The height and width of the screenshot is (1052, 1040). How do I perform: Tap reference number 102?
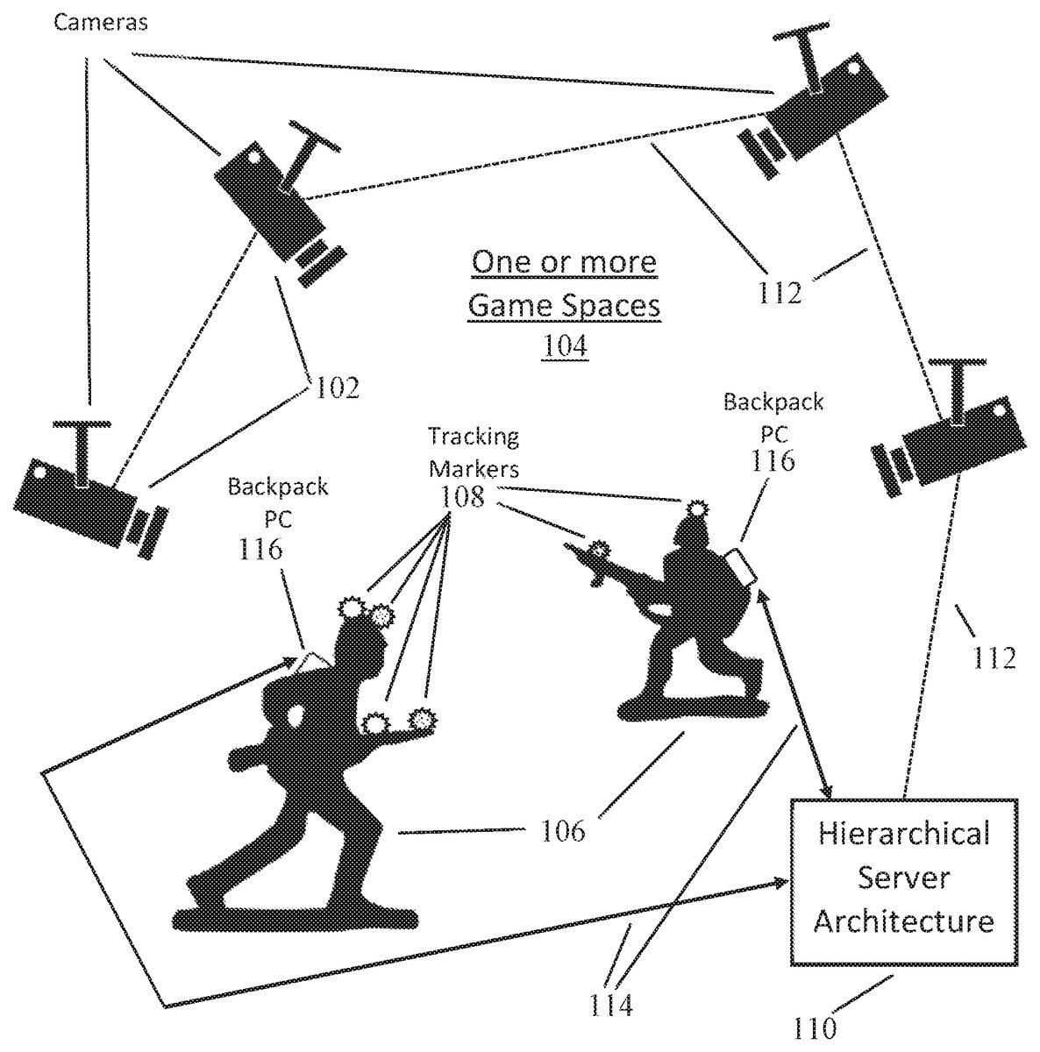(337, 387)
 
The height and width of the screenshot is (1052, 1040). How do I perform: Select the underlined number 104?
(564, 345)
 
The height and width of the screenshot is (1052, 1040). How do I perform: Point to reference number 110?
(815, 1027)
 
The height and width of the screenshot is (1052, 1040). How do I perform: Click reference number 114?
(611, 1005)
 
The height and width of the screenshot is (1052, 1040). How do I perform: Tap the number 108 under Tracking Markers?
(464, 497)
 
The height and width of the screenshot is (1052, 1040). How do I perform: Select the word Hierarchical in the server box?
(903, 832)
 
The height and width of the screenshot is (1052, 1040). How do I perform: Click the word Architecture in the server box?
(903, 921)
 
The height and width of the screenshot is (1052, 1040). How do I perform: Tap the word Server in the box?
(903, 877)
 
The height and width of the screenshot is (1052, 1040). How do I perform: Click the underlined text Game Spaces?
(564, 305)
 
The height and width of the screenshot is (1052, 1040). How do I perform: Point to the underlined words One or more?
(564, 262)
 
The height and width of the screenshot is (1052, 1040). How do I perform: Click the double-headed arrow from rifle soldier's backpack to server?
(795, 693)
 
